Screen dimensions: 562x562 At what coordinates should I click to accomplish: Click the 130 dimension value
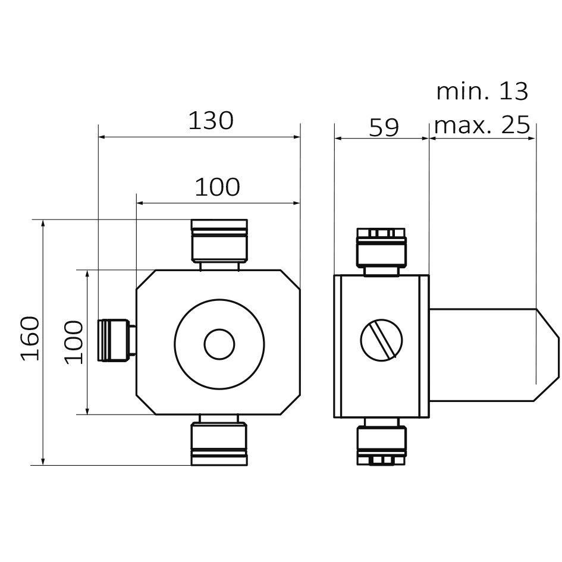[x=211, y=121]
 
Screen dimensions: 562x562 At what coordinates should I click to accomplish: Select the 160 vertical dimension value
[x=30, y=338]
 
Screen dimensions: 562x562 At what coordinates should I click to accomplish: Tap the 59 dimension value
[x=384, y=127]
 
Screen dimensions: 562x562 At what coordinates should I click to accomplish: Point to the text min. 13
[x=482, y=92]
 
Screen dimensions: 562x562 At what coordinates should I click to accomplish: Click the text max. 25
[x=482, y=125]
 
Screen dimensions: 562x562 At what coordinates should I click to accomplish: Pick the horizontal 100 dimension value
[x=218, y=187]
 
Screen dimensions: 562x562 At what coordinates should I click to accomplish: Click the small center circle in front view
[x=219, y=344]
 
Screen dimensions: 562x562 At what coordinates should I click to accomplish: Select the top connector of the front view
[x=219, y=241]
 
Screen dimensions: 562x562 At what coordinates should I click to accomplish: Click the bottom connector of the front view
[x=218, y=442]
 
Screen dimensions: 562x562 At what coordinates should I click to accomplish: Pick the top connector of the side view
[x=381, y=249]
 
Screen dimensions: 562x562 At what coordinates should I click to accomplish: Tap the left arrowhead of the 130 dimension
[x=102, y=137]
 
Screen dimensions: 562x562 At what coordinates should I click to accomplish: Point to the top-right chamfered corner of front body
[x=291, y=280]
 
